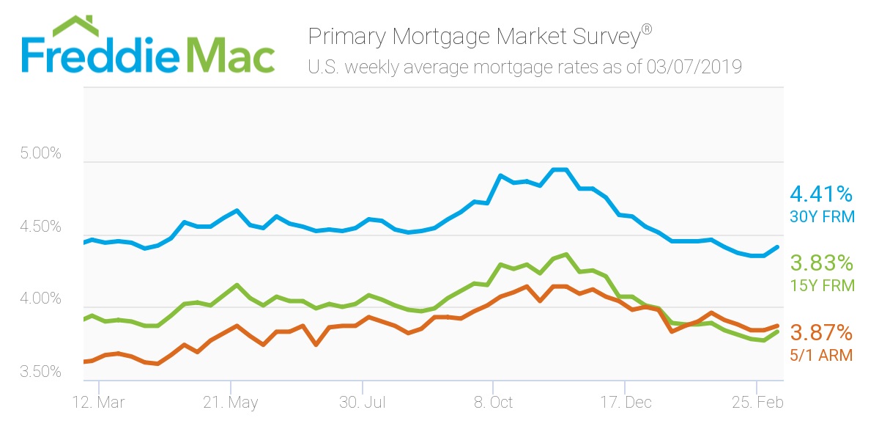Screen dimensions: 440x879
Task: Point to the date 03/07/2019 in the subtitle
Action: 694,67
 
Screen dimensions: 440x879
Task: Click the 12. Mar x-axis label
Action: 97,403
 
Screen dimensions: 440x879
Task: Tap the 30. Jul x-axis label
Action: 362,403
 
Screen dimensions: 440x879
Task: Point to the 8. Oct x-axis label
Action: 494,403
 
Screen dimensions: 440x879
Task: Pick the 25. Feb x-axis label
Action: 757,403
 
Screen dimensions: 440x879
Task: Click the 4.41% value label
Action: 821,194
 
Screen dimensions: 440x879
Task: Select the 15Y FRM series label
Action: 822,286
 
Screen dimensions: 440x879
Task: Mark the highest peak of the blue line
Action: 560,169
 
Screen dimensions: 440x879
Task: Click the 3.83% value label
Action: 821,263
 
